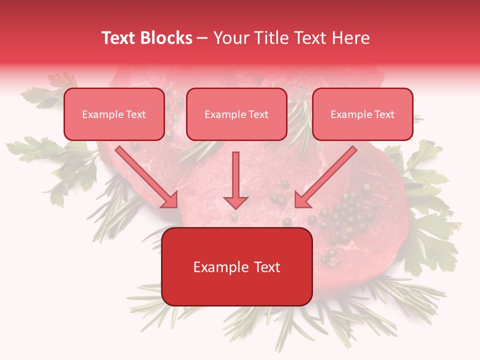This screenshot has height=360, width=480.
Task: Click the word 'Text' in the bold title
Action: click(x=118, y=38)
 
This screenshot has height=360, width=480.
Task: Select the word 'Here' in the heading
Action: click(x=350, y=38)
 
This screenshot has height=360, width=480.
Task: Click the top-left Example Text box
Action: click(x=114, y=114)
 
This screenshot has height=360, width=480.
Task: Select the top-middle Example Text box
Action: click(x=236, y=114)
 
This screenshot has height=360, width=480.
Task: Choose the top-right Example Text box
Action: click(x=362, y=114)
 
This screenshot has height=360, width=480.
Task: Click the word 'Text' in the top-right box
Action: click(x=384, y=114)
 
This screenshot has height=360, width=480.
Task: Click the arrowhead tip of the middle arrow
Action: click(x=235, y=207)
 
